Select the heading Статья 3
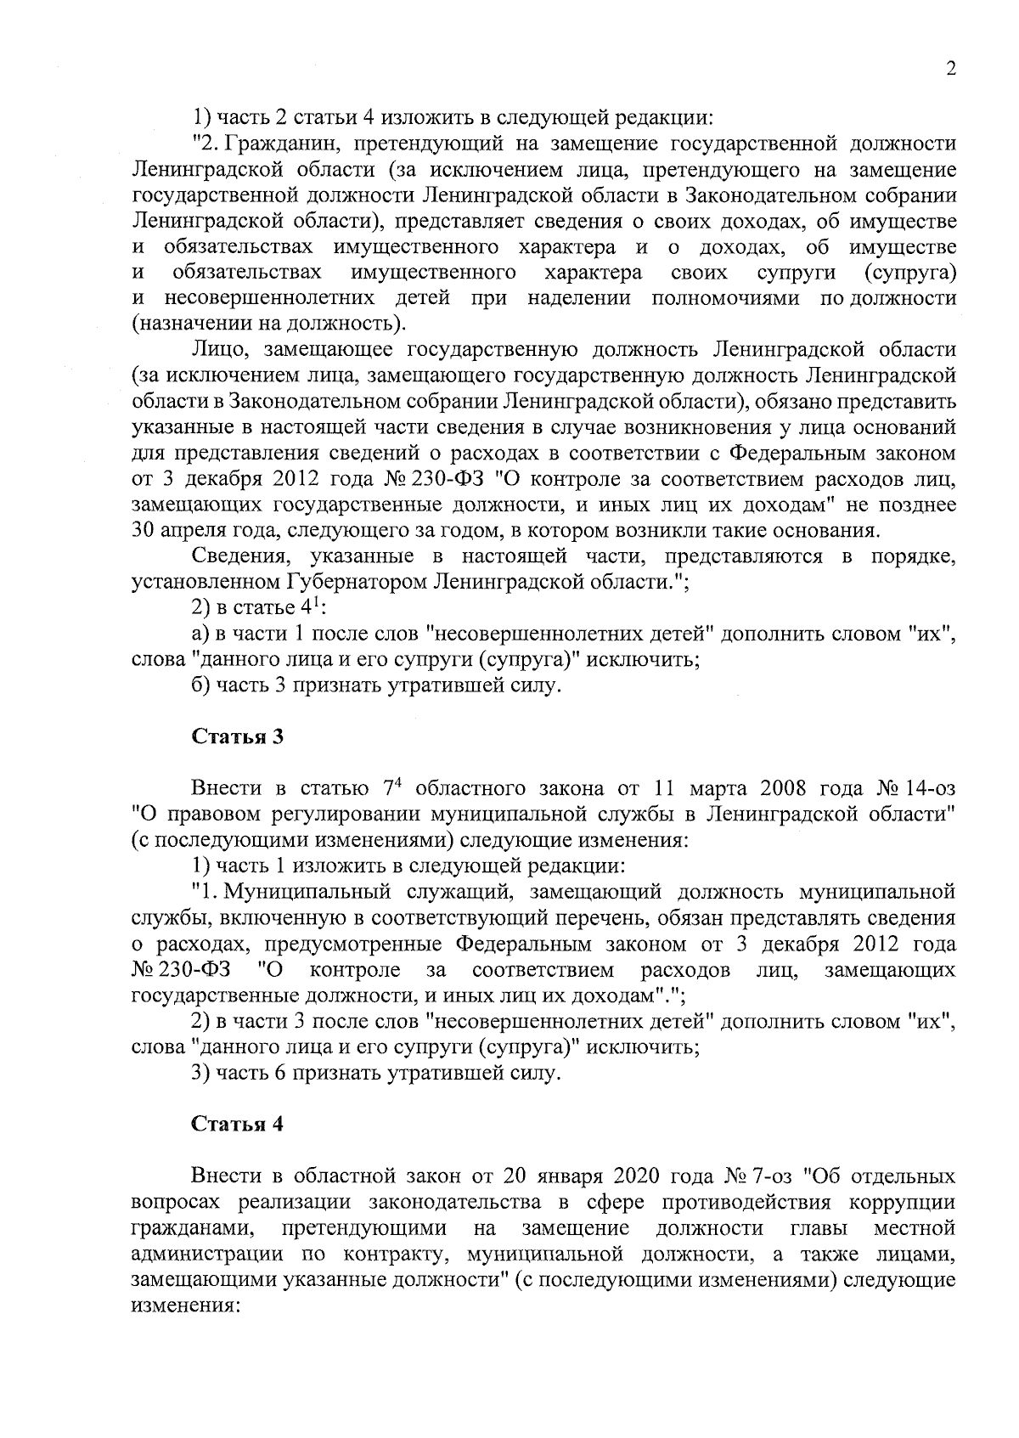coord(237,736)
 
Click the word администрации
coord(210,1255)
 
